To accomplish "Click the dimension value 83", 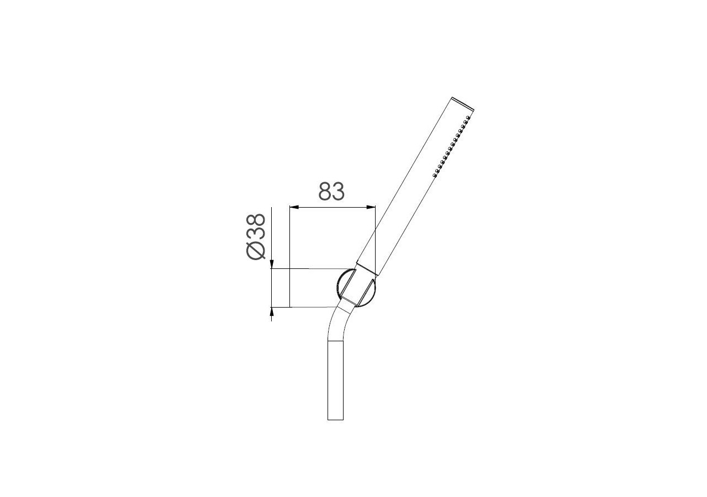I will click(x=331, y=191).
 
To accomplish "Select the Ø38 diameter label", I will click(x=256, y=236).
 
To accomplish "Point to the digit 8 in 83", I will click(x=325, y=191).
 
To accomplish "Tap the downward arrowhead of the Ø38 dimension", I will click(x=271, y=266).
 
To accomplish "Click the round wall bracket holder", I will click(x=356, y=287).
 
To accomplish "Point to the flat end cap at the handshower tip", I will click(x=463, y=103).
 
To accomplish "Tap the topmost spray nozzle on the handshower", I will click(x=468, y=118).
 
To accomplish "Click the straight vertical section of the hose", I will click(x=336, y=381).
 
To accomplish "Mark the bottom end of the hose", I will click(x=336, y=419).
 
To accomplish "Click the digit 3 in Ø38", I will click(x=256, y=234).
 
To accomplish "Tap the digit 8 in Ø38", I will click(x=256, y=221).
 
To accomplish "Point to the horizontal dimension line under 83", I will click(x=333, y=207).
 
